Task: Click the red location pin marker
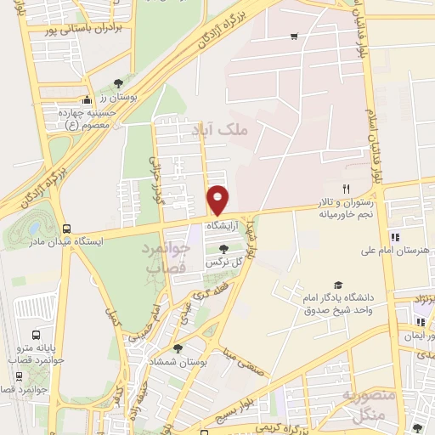[x=219, y=199]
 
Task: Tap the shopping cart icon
[x=294, y=36]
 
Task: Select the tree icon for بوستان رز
[x=118, y=83]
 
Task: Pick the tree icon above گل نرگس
[x=223, y=249]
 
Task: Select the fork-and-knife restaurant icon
[x=345, y=188]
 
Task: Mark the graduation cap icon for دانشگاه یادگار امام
[x=338, y=285]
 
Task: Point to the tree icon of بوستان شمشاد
[x=177, y=347]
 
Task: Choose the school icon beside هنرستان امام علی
[x=393, y=236]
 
